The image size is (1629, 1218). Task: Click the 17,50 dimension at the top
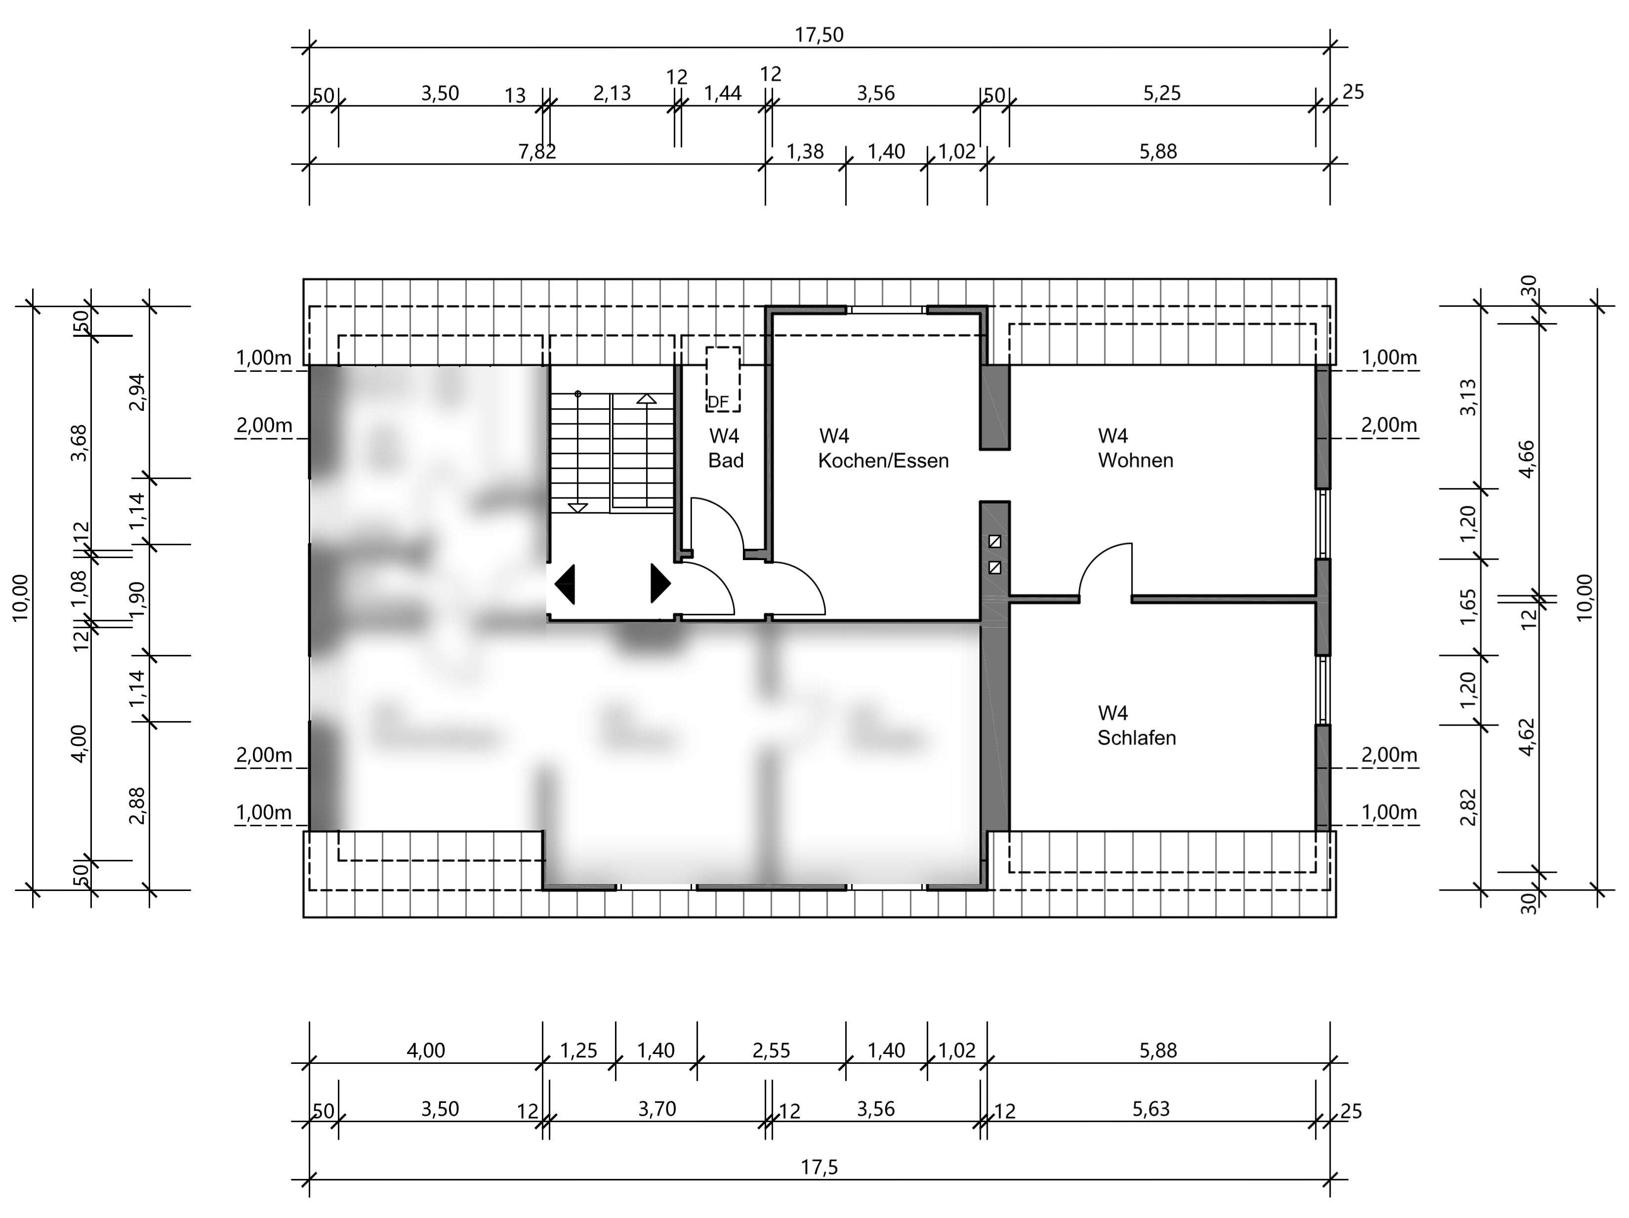click(819, 35)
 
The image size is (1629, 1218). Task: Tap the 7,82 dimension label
click(537, 152)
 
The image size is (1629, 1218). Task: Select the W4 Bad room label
click(726, 447)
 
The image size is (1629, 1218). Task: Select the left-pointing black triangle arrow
click(565, 584)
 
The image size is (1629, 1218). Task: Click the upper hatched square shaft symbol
click(995, 541)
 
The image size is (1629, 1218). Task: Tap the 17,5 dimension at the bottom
click(819, 1167)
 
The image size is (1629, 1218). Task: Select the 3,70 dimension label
click(657, 1109)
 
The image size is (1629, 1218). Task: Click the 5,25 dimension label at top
click(1161, 93)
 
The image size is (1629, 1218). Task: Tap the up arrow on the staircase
click(646, 399)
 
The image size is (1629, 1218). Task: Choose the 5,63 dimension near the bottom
click(1150, 1109)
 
